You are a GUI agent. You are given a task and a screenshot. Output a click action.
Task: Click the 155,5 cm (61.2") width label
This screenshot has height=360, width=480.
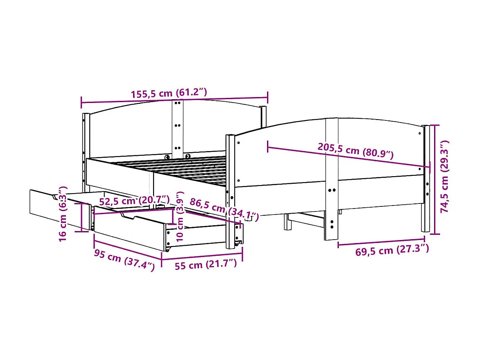coord(175,93)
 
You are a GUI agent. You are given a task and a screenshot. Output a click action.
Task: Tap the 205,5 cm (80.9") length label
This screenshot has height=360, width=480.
coord(355,150)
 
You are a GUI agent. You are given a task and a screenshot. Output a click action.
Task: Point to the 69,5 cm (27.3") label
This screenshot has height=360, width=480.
coord(392,250)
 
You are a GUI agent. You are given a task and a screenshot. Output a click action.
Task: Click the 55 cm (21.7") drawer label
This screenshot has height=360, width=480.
coord(205,265)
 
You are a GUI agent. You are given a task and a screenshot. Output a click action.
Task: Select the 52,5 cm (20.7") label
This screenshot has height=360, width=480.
coord(134,200)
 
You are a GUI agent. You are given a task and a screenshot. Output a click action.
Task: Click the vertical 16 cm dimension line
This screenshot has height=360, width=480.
coord(82,217)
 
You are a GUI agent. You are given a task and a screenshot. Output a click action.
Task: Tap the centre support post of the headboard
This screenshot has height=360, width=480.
coord(178,128)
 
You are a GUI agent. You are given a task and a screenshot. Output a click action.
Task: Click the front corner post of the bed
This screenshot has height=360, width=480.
coord(230,191)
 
